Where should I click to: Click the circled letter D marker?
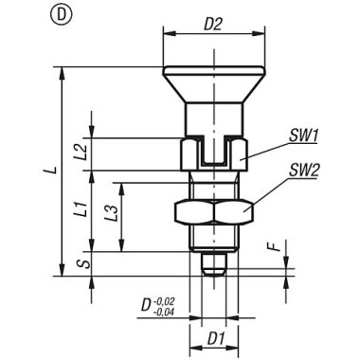[x=61, y=15]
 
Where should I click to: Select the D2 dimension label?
[x=213, y=25]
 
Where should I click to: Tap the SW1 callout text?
[x=303, y=136]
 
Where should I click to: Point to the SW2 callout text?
[x=304, y=171]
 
